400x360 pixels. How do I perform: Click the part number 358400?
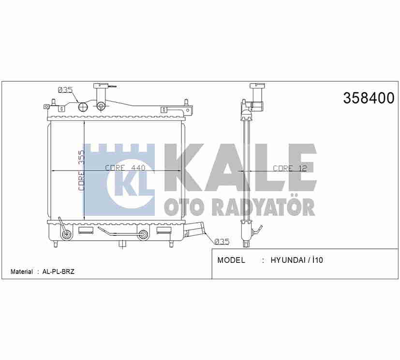point(369,98)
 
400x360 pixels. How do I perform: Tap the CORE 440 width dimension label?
point(119,168)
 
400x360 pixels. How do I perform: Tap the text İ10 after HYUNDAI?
point(317,260)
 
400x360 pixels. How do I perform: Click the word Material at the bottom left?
point(22,272)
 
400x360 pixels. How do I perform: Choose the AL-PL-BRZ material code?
point(58,272)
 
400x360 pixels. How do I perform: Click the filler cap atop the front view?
point(102,87)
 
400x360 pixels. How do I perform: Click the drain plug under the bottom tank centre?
point(121,244)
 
